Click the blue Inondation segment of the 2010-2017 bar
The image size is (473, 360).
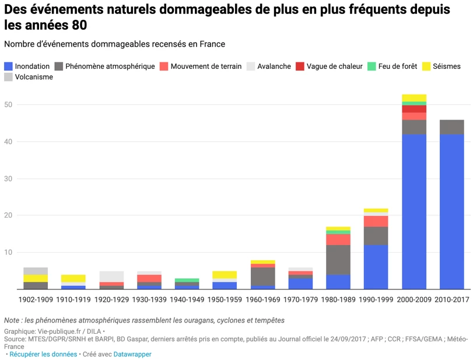point(452,212)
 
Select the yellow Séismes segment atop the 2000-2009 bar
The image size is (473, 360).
point(414,98)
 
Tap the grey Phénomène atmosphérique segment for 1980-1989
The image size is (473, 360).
point(338,260)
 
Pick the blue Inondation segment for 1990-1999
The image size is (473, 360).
point(376,267)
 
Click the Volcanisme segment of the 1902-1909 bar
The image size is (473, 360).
point(36,271)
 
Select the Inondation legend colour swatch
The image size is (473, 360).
point(8,67)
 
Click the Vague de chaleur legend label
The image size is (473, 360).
point(334,67)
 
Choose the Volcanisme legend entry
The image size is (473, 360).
point(33,77)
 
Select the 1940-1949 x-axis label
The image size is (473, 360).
point(187,300)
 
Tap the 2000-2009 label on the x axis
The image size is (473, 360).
point(414,300)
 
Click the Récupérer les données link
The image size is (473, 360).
point(43,354)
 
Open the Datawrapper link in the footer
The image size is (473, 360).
point(132,354)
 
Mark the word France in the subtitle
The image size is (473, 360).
point(213,44)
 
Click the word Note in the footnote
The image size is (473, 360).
point(13,320)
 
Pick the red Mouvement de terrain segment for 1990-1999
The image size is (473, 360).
point(376,221)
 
